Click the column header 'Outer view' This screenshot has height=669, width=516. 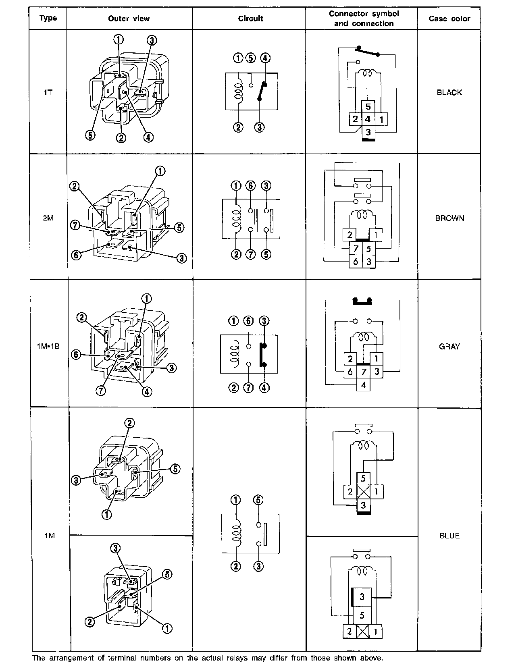tap(129, 19)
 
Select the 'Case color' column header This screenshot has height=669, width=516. tap(449, 19)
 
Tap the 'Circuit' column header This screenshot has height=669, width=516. tap(250, 19)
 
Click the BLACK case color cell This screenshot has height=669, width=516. tap(449, 92)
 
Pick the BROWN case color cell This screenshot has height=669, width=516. tap(449, 218)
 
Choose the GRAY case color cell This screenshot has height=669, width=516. tap(449, 346)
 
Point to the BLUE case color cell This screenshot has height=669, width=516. tap(449, 536)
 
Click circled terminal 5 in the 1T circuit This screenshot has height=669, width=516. tap(251, 58)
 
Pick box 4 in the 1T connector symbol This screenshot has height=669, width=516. tap(368, 119)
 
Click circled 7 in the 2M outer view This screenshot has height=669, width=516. tap(75, 225)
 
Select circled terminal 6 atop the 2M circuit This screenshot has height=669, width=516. tap(251, 186)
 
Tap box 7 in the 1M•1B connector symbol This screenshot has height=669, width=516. tap(363, 371)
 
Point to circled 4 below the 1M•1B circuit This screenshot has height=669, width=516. tap(264, 388)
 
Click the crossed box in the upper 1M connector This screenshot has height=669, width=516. tap(363, 492)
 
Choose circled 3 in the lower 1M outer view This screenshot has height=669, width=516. tap(115, 548)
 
